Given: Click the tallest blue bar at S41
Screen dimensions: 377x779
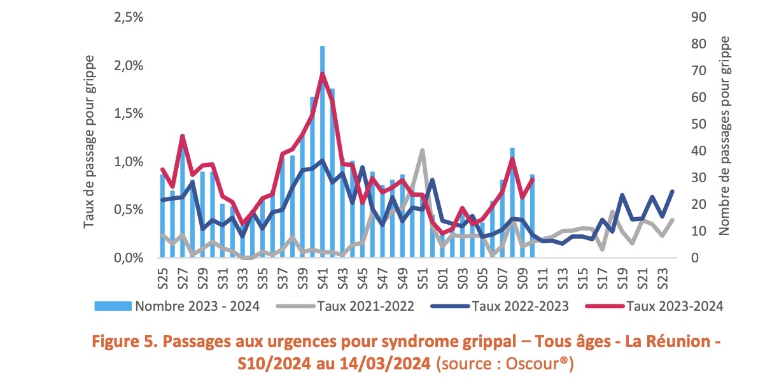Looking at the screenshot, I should pos(323,153).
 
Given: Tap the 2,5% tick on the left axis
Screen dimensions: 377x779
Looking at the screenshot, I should pos(129,17).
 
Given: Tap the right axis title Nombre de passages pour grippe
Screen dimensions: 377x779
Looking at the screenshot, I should pos(725,136).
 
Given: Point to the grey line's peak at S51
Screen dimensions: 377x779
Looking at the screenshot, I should pos(422,150).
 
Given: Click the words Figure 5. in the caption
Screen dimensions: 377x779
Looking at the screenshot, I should pos(118,341).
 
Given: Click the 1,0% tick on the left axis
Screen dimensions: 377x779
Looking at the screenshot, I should pos(129,162).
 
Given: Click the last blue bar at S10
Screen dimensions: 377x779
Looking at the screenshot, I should pos(531,217).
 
